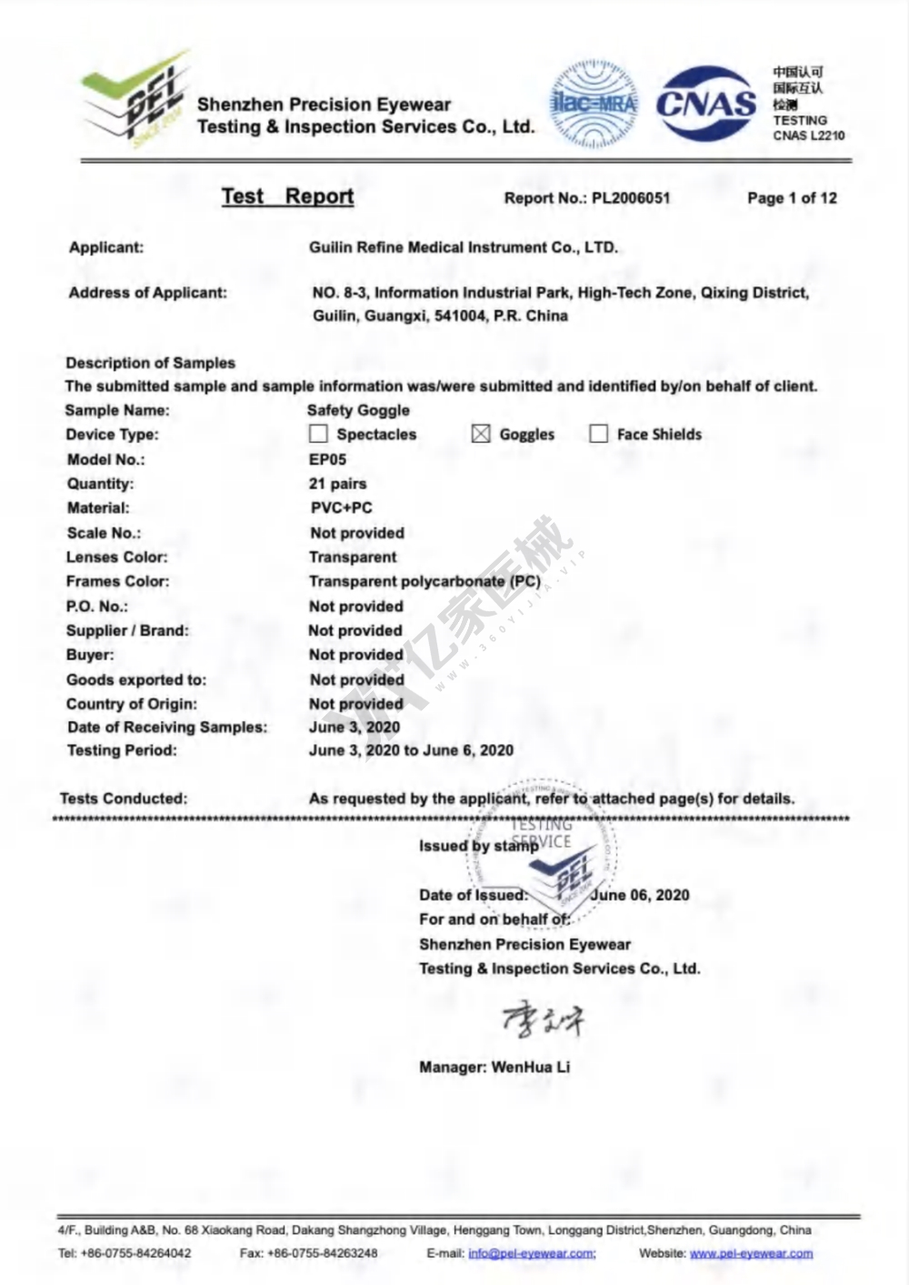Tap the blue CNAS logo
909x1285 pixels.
click(706, 104)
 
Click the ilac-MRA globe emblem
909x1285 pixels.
click(594, 105)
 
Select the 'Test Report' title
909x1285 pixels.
click(287, 196)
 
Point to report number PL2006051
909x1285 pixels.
click(631, 198)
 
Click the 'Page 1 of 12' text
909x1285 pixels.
click(792, 198)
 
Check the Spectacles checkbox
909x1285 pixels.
click(318, 434)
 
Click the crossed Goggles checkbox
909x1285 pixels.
click(481, 434)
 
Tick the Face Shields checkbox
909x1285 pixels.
click(598, 434)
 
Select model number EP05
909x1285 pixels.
click(327, 459)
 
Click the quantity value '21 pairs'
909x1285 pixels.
click(338, 484)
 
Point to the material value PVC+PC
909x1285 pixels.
click(341, 507)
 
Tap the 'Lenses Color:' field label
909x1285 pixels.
click(117, 557)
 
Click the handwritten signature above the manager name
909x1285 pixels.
click(543, 1019)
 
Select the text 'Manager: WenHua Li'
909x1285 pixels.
click(494, 1067)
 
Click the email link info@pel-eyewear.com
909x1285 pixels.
click(532, 1253)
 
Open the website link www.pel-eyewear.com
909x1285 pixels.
click(751, 1253)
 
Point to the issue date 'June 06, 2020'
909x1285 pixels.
click(640, 895)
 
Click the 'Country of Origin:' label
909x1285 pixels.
click(132, 704)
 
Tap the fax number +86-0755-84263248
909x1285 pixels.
click(323, 1253)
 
